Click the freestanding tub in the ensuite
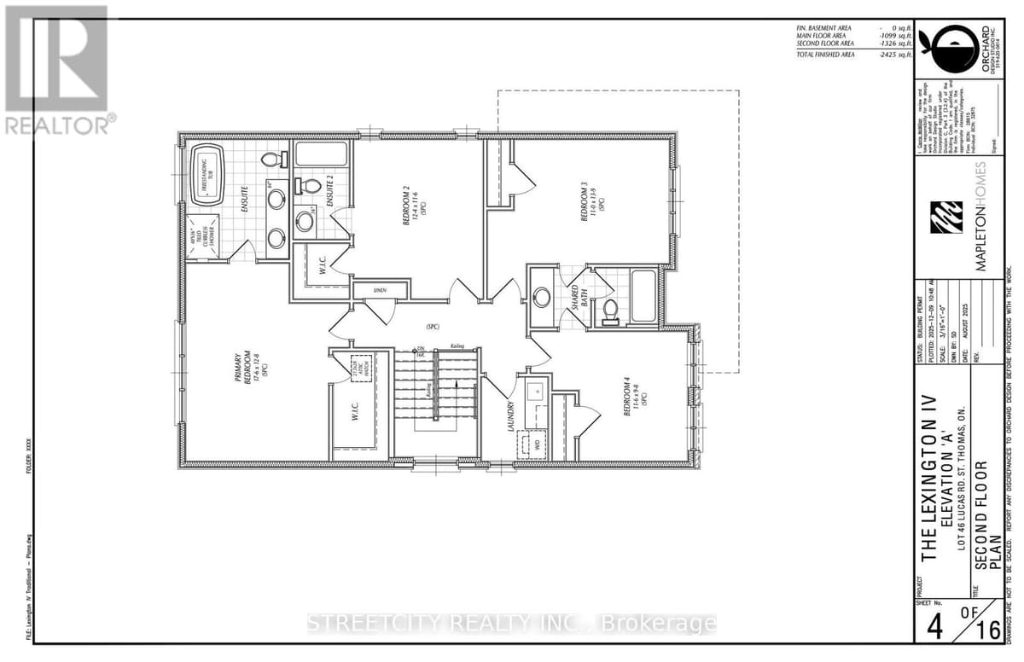(x=206, y=176)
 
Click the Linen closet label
(x=379, y=290)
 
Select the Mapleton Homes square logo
(x=946, y=218)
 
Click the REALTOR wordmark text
(x=58, y=125)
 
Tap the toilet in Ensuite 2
(x=311, y=186)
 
